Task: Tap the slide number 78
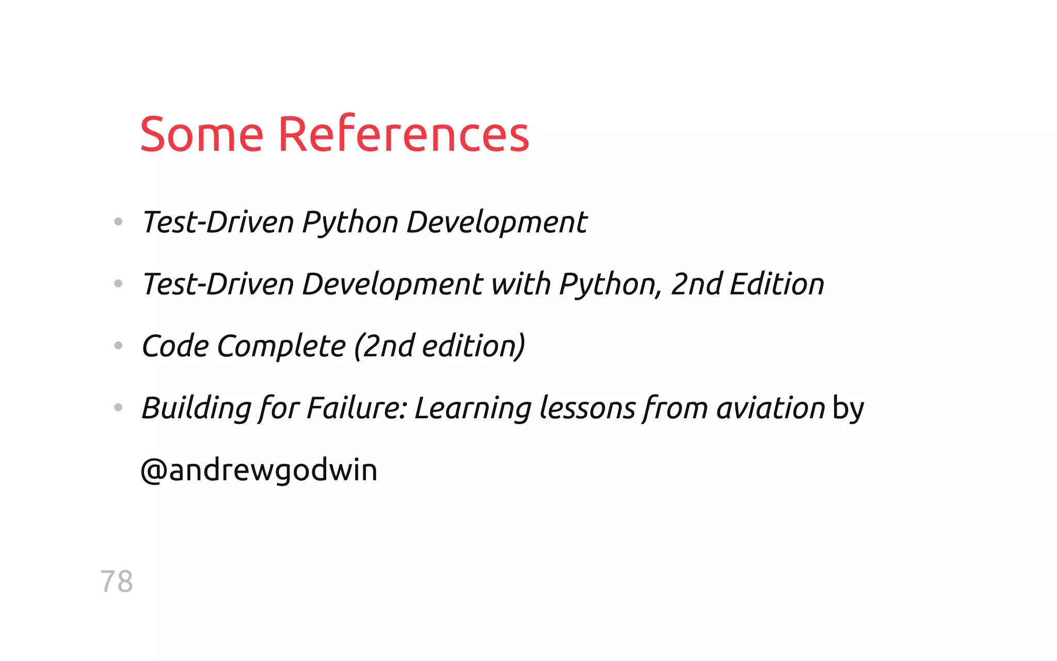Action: tap(117, 581)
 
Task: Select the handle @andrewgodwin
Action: tap(259, 470)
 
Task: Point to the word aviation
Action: tap(771, 408)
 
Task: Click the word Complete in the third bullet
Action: tap(281, 346)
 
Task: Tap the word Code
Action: tap(175, 346)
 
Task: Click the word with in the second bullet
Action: tap(521, 284)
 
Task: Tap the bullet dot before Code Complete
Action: tap(118, 345)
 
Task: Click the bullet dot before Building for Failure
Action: tap(118, 407)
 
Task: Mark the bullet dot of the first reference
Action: tap(118, 222)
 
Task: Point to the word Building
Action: tap(196, 408)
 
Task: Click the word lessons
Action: tap(587, 408)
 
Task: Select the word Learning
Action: tap(473, 408)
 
